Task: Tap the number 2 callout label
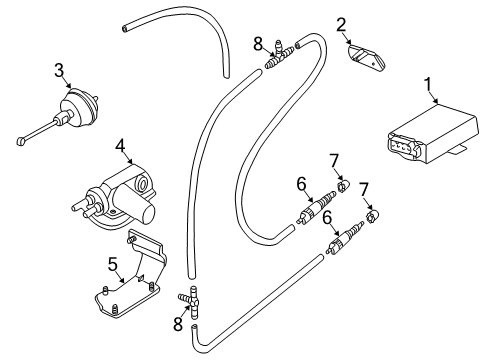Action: point(341,25)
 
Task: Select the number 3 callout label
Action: point(59,71)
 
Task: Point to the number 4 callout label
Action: point(120,147)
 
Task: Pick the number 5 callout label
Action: point(113,265)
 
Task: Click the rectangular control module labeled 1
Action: point(434,134)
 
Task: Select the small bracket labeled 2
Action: point(366,57)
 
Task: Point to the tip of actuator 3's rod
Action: point(21,141)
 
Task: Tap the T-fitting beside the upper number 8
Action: point(279,55)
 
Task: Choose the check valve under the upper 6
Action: point(316,207)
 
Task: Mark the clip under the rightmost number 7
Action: point(373,216)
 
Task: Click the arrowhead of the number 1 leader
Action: point(436,101)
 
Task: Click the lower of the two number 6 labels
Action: point(327,218)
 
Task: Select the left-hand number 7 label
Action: point(334,160)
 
